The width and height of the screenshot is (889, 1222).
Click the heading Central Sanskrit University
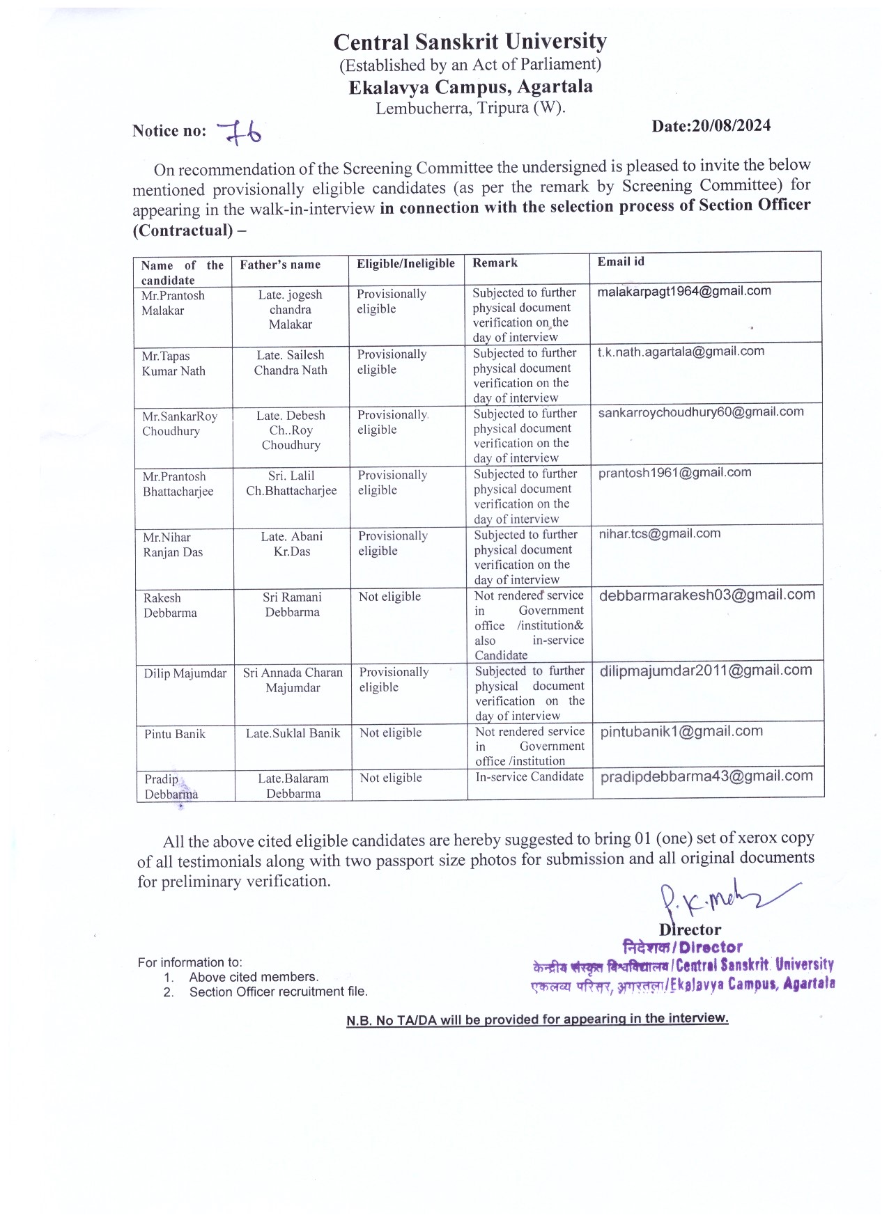pos(470,42)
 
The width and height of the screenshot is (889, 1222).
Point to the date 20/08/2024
pos(711,126)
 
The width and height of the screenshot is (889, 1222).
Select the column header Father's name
pos(280,265)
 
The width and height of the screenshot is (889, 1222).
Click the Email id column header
pos(621,262)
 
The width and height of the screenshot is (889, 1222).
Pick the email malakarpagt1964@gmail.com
pos(683,291)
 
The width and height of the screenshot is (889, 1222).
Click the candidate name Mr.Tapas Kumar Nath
pos(173,363)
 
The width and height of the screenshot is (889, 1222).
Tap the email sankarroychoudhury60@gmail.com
pos(700,412)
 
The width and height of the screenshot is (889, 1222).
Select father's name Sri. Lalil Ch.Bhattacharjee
pos(291,483)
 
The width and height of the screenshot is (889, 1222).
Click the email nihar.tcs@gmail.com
pos(659,533)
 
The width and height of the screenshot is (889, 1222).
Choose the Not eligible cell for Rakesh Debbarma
pos(389,597)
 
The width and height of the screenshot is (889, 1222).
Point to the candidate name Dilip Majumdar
pos(185,673)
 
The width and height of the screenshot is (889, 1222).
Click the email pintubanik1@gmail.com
pos(681,731)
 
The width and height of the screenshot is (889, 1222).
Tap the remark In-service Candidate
pos(529,776)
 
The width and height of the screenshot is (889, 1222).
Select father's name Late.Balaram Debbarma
pos(293,786)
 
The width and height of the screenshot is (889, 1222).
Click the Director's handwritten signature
pos(718,902)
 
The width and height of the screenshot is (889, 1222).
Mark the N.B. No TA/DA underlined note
pos(537,1019)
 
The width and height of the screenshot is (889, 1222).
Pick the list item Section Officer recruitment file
pos(278,992)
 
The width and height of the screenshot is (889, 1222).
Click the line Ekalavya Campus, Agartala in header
pos(470,87)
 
